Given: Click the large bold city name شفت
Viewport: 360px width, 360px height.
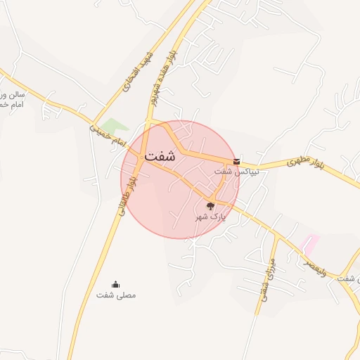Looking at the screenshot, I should pos(161,157).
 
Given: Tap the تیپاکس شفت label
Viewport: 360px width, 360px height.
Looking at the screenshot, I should pos(236,171).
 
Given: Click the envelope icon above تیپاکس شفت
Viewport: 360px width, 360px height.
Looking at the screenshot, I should pos(236,161).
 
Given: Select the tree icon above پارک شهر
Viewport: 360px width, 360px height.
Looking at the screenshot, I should pos(210,206).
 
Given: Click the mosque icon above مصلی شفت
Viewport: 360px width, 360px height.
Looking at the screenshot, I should pos(116,284).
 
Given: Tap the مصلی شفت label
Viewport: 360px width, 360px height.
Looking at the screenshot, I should pos(116,295).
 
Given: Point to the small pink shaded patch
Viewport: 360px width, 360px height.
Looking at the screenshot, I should pos(309,244).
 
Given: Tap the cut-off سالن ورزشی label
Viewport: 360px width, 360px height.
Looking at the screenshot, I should pos(13,98).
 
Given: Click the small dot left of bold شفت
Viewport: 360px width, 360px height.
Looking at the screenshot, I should pos(143,156).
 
